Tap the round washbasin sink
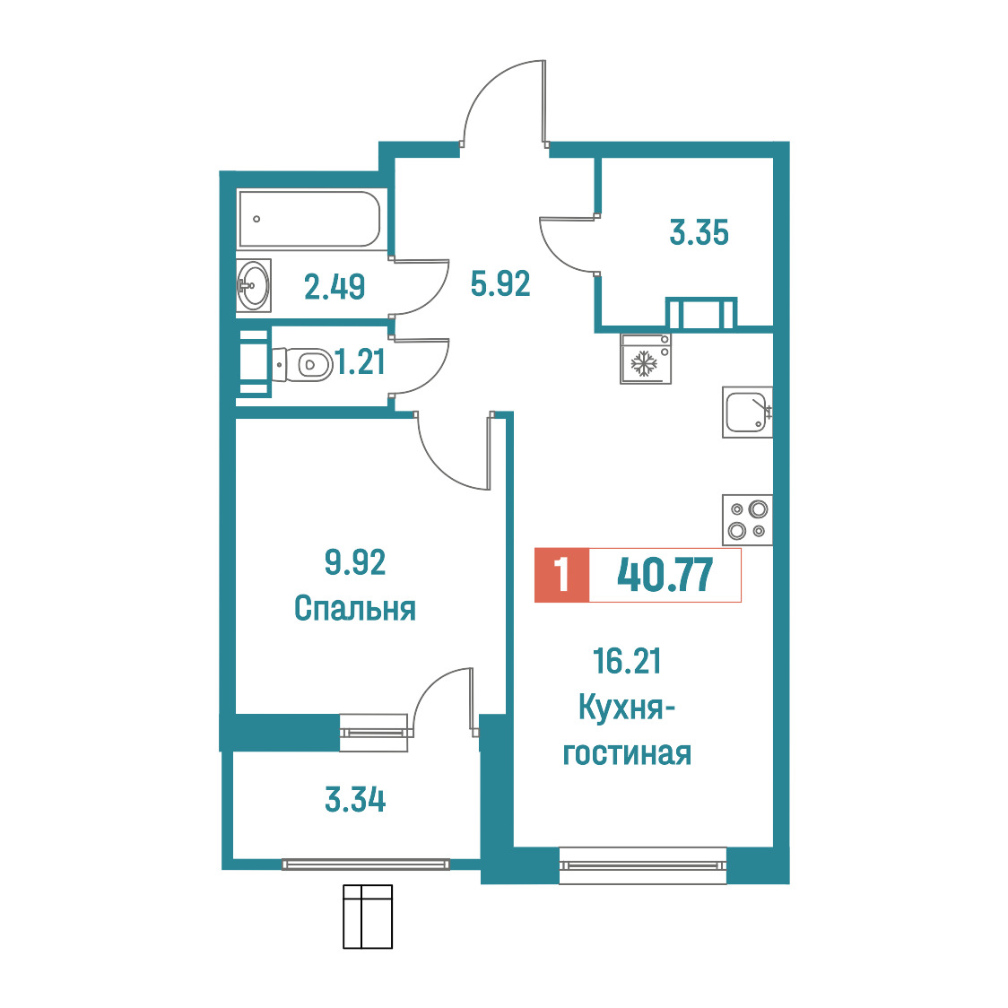[x=253, y=285]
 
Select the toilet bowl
[x=300, y=364]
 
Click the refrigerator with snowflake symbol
[x=646, y=359]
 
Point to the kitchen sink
[x=747, y=412]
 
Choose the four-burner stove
[x=748, y=520]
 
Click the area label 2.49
[x=335, y=287]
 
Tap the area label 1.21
[x=361, y=362]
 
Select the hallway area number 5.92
[x=500, y=283]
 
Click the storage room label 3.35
[x=699, y=232]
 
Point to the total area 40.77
[x=665, y=575]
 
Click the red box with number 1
[x=562, y=575]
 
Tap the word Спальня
[x=355, y=608]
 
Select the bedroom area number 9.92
[x=355, y=562]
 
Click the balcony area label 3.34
[x=355, y=800]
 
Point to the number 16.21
[x=628, y=662]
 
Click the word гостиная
[x=627, y=753]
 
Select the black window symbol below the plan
[x=368, y=916]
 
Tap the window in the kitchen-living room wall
[x=643, y=865]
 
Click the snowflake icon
[x=644, y=363]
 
